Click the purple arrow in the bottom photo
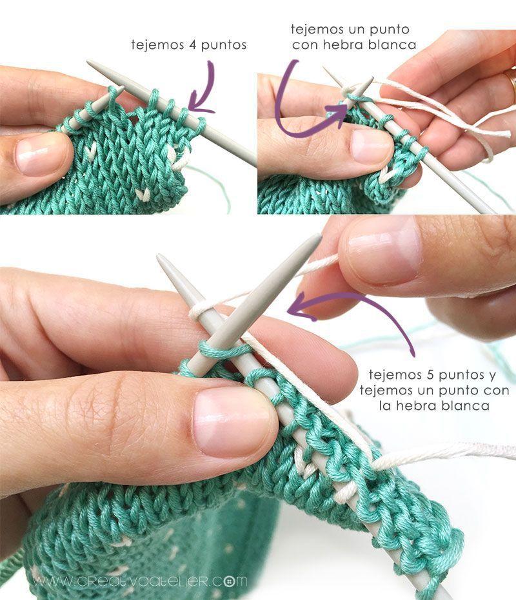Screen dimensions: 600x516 pyautogui.click(x=361, y=309)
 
